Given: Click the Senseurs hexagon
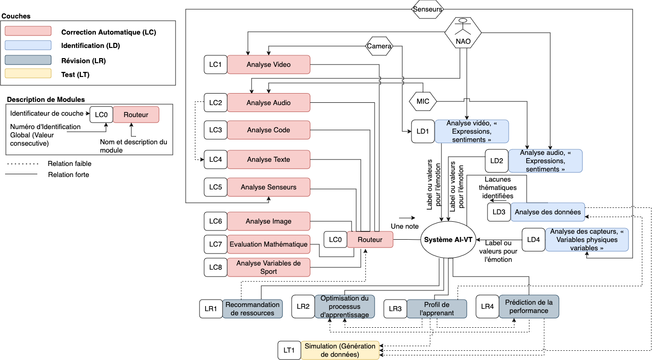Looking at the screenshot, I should point(428,9).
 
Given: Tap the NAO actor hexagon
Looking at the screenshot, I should point(463,32).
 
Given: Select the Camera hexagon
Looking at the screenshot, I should point(379,46).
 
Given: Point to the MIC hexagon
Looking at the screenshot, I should point(423,101).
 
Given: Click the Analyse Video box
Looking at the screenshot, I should point(269,65).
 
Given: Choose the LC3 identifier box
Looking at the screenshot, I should point(216,130).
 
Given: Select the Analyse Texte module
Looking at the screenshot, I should point(269,159).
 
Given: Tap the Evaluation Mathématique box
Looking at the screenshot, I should point(269,244).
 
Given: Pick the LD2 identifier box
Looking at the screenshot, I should point(497,161).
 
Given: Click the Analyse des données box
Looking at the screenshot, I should point(547,212).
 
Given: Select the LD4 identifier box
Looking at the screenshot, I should point(534,240).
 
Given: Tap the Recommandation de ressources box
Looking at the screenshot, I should point(253,309).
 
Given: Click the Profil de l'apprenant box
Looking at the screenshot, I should point(437,309).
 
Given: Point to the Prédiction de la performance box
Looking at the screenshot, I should point(529,307).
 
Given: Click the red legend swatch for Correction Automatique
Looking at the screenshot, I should point(28,31).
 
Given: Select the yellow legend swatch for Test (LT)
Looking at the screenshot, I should point(28,73).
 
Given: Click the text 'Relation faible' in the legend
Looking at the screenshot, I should point(70,163).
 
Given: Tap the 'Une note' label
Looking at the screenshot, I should point(405,226).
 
